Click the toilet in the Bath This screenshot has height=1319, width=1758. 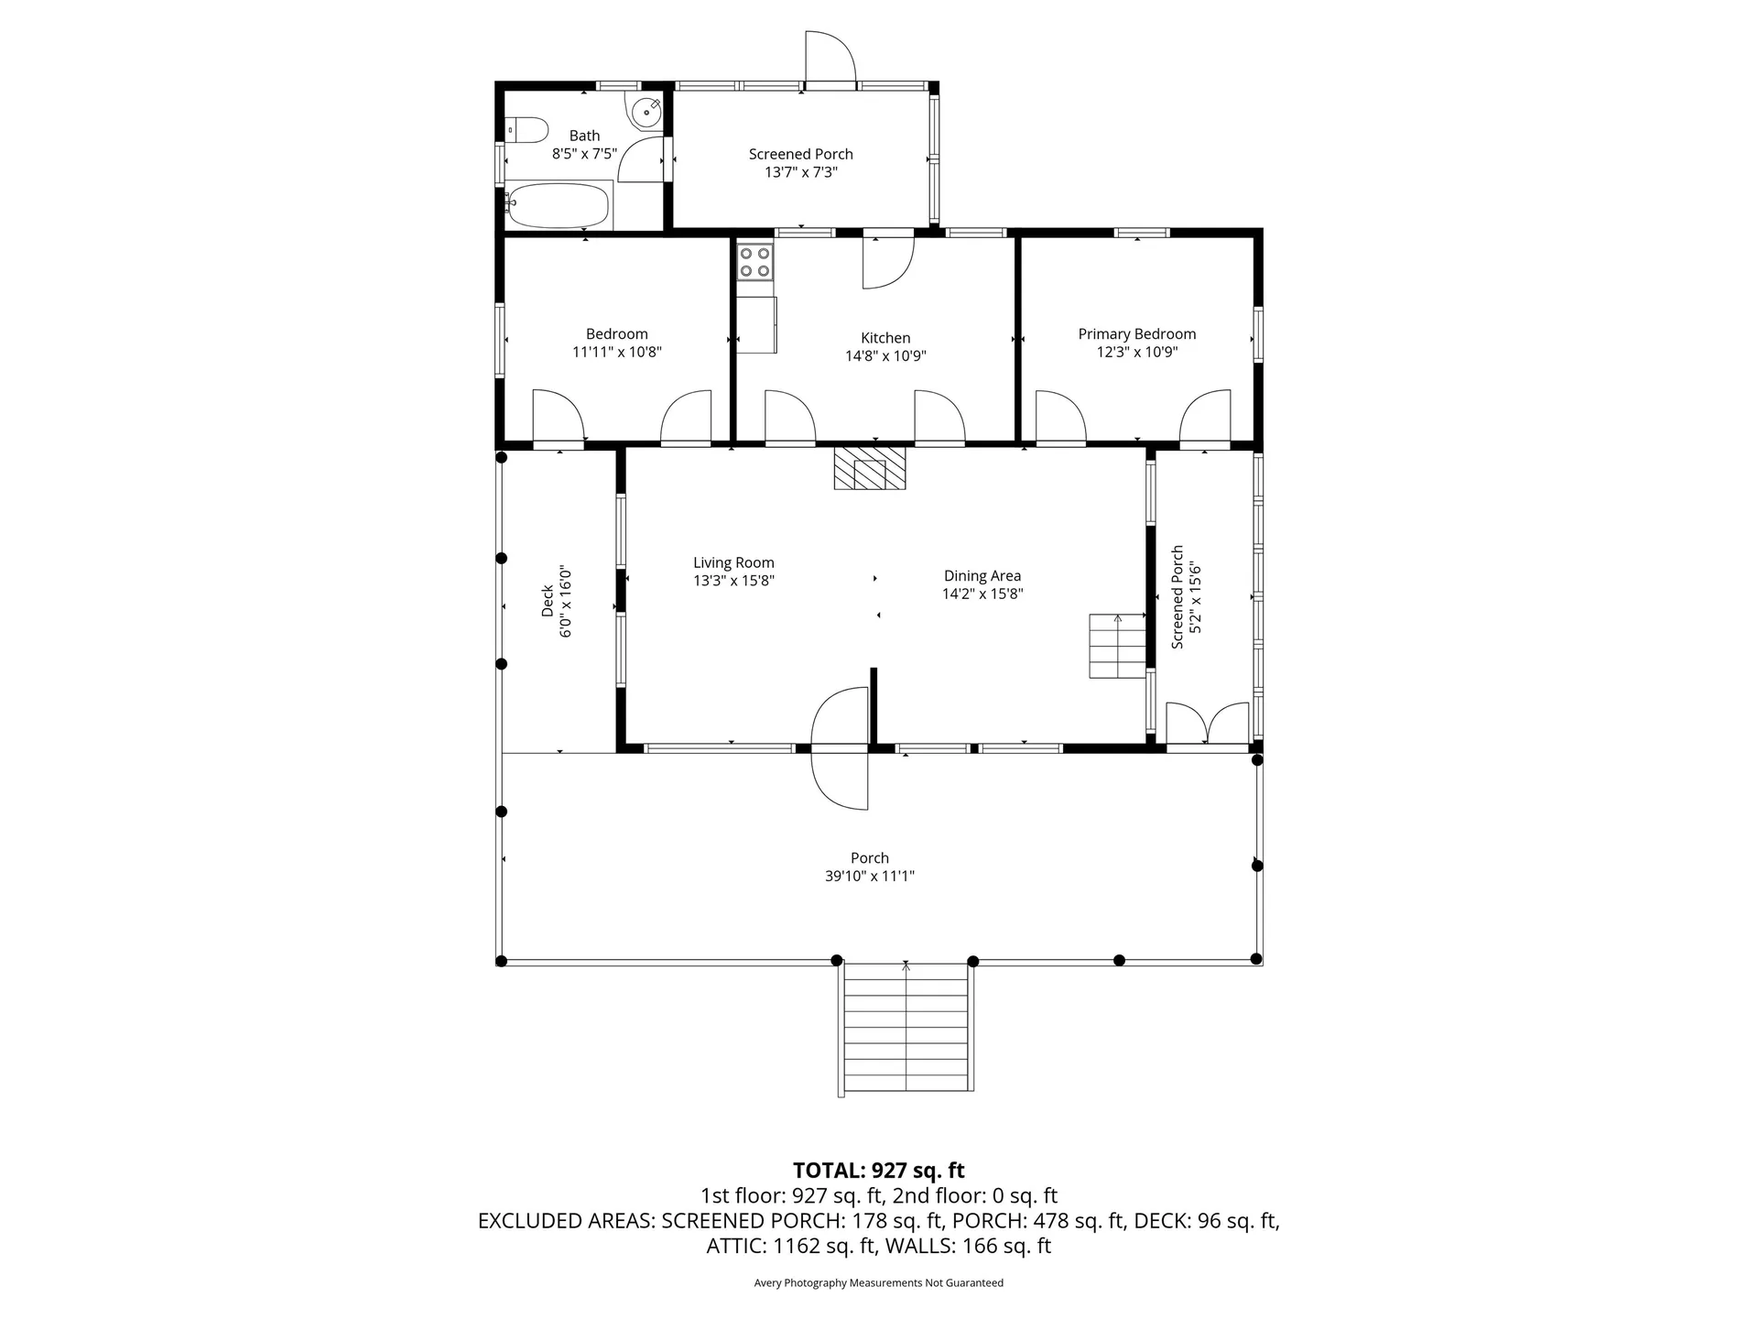tap(526, 129)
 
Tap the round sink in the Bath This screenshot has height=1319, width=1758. tap(646, 111)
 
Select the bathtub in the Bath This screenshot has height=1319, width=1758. tap(558, 205)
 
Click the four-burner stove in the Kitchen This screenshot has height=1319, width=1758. tap(755, 261)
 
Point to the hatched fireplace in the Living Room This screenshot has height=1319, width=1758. tap(869, 467)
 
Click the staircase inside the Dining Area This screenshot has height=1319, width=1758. tap(1117, 646)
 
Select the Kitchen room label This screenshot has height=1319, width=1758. tap(885, 338)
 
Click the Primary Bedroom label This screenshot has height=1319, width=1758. tap(1137, 334)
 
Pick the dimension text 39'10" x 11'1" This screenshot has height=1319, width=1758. tap(870, 877)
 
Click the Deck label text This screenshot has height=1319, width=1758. tap(548, 601)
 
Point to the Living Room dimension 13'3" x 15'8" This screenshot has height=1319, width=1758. tap(734, 581)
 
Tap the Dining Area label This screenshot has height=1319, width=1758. tap(982, 576)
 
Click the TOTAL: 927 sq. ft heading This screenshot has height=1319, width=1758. tap(879, 1170)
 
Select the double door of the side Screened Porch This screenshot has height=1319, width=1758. tap(1208, 724)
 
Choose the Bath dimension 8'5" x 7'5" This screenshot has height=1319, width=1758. tap(584, 154)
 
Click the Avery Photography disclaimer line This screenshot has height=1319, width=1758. tap(879, 1282)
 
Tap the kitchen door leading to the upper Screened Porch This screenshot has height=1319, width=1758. tap(889, 259)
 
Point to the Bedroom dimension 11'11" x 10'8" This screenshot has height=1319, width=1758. tap(617, 352)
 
